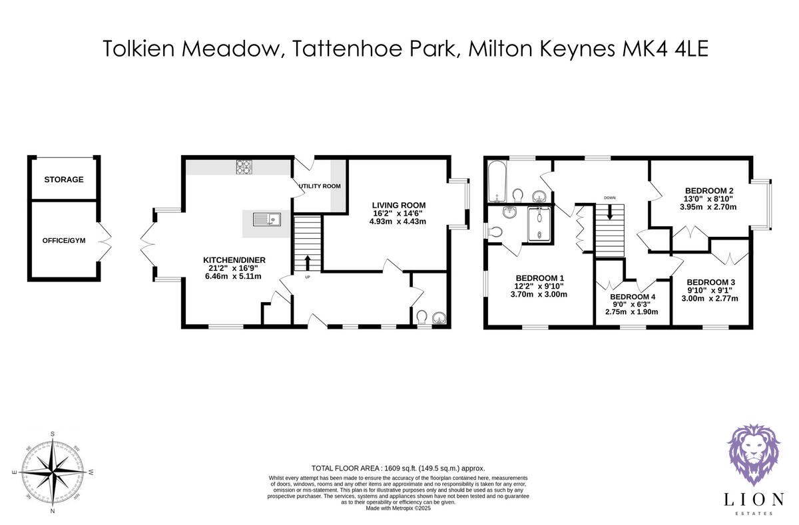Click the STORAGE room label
coord(64,180)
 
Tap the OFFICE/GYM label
coord(63,239)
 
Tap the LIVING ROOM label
coord(398,204)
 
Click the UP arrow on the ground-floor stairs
coord(308,261)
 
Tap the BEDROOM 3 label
coord(710,281)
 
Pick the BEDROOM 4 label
coord(632,297)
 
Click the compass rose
coord(52,474)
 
